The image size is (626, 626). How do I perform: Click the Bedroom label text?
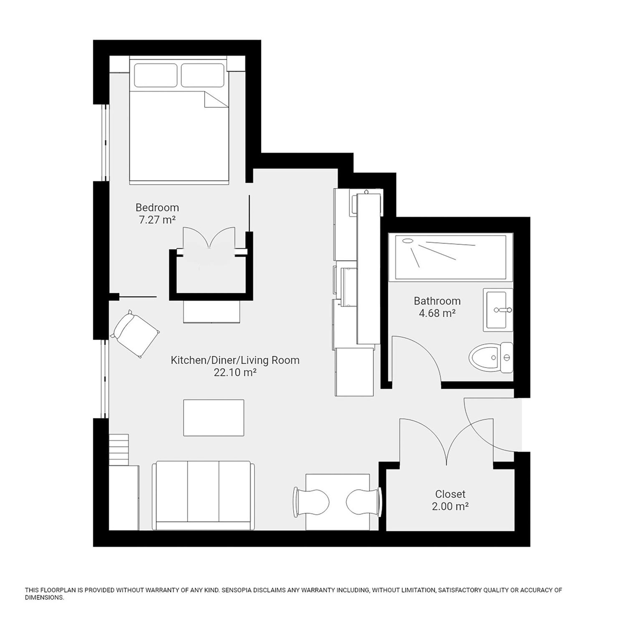[x=157, y=208]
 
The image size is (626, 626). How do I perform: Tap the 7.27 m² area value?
[x=157, y=220]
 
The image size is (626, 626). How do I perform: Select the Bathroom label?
[x=437, y=301]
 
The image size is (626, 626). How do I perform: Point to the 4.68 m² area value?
[x=437, y=313]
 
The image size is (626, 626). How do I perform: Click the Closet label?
[x=450, y=494]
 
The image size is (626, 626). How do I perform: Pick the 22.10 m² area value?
[x=235, y=373]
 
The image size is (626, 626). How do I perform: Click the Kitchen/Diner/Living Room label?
[x=235, y=360]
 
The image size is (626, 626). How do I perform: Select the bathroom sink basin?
[x=498, y=310]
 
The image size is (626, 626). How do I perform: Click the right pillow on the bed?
[x=202, y=75]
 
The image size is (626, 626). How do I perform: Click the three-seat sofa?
[x=203, y=496]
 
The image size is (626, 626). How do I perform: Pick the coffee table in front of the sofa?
[x=214, y=418]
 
